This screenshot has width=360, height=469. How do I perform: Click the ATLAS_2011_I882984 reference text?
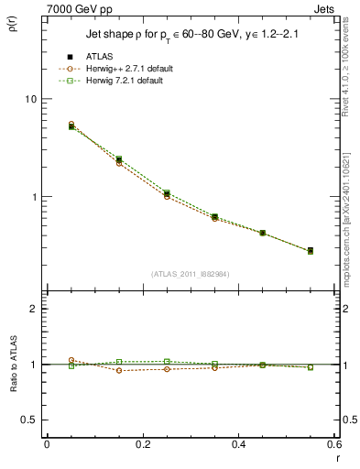click(x=191, y=273)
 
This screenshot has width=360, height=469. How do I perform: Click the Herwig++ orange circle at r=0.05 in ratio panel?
click(x=71, y=360)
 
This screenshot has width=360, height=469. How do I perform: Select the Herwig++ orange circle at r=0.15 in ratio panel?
click(x=119, y=370)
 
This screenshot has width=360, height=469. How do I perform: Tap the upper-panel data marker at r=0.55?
click(x=310, y=250)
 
